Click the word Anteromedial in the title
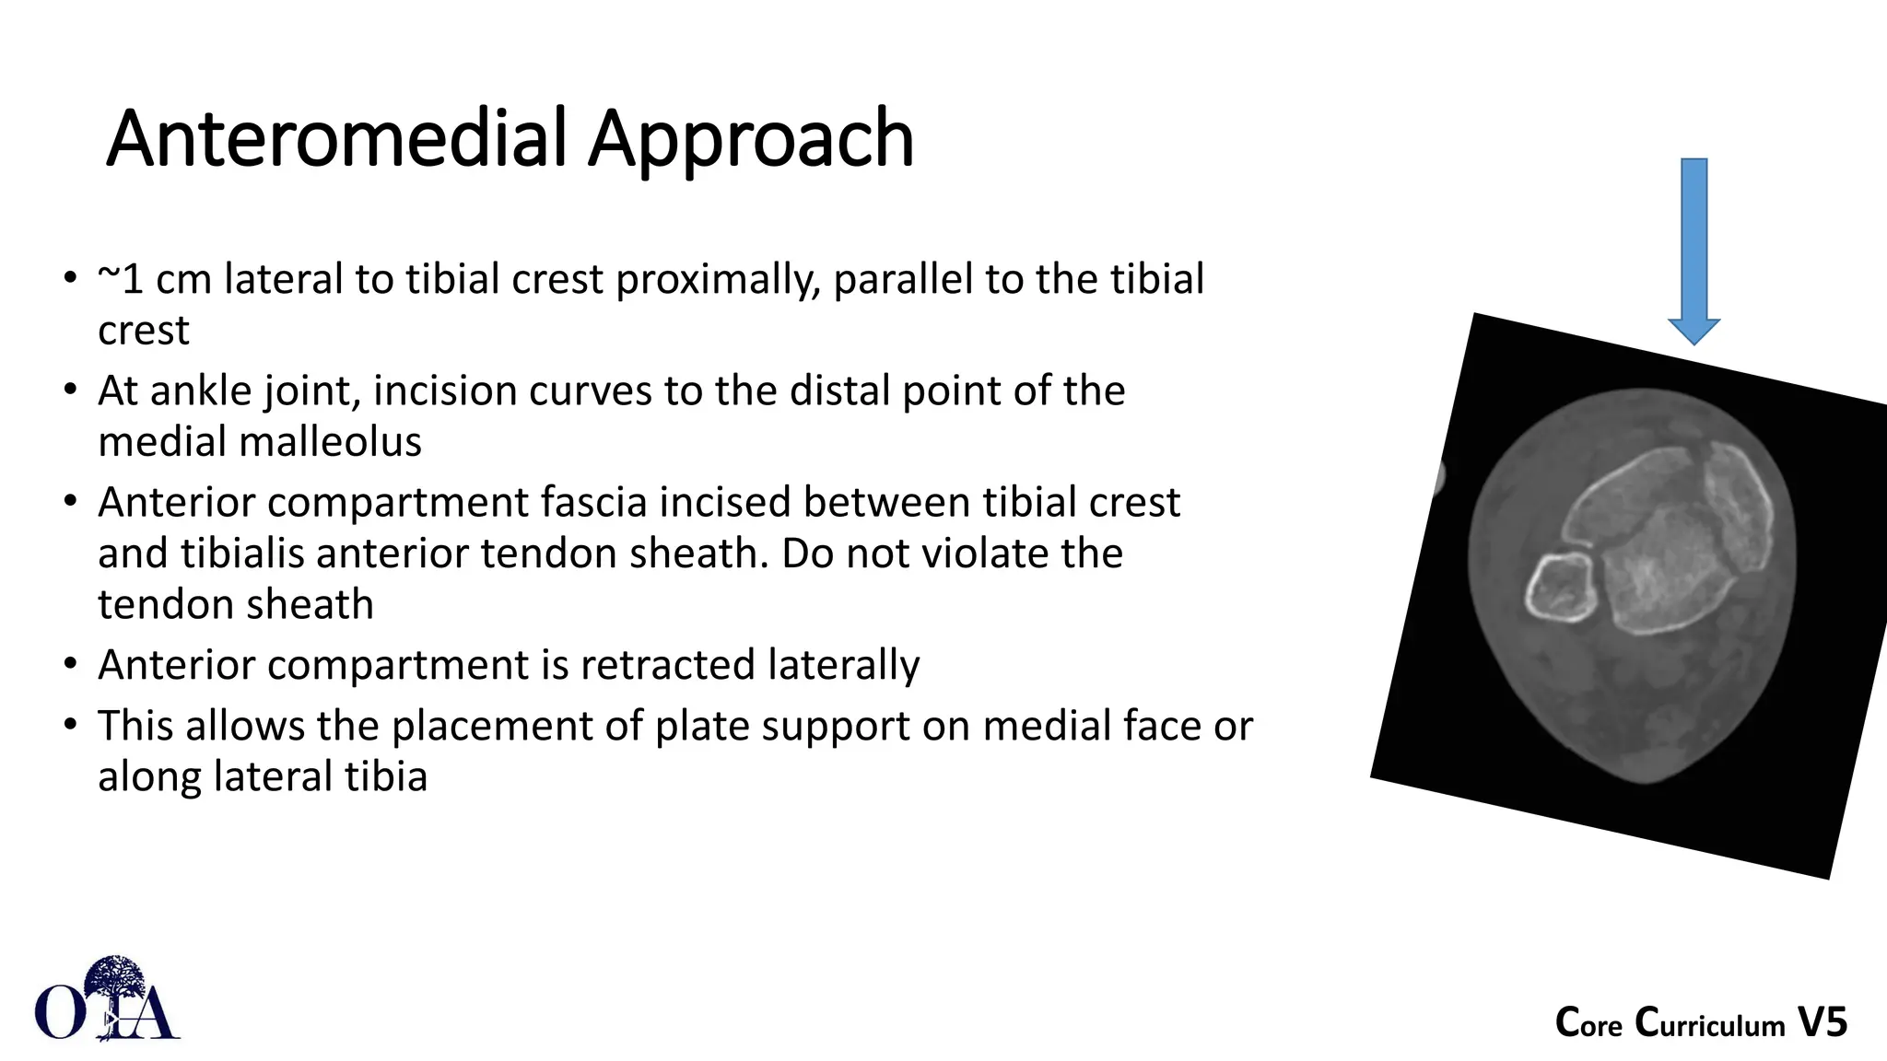point(337,139)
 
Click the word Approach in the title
point(751,141)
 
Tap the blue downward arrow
point(1694,249)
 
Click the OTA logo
point(107,1000)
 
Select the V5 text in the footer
point(1823,1023)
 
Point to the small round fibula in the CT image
point(1560,587)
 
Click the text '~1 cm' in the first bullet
point(154,279)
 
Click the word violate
point(982,554)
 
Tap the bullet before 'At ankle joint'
point(71,391)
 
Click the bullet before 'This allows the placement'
point(71,725)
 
